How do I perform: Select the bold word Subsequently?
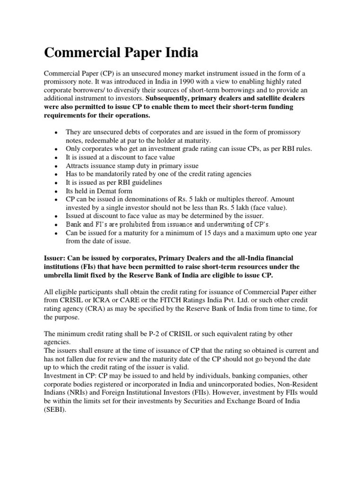[168, 98]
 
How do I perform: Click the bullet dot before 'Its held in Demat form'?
[56, 192]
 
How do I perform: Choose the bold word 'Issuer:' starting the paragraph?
[56, 258]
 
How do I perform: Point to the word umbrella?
[60, 275]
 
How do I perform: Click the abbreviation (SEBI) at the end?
[55, 410]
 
